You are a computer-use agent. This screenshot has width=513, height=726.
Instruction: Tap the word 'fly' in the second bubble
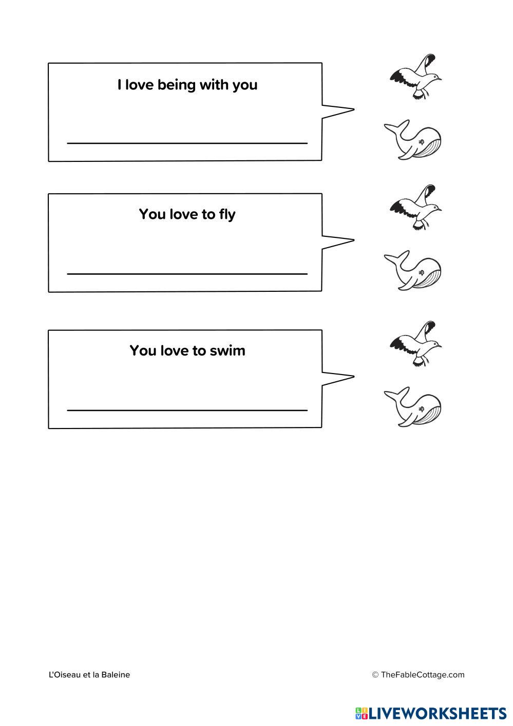226,214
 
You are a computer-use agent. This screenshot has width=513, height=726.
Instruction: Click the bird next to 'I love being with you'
416,77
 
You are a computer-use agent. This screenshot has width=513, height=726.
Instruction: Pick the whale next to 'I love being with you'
414,140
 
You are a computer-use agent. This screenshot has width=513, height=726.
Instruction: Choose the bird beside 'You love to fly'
416,208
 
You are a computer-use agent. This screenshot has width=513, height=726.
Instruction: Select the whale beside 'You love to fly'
414,271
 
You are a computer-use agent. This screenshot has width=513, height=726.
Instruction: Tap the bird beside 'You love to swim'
416,344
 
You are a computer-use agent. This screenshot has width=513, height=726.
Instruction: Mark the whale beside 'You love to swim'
414,406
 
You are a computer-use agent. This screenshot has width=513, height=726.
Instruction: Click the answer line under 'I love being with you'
187,143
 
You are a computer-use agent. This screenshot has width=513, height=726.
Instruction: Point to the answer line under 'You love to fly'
187,274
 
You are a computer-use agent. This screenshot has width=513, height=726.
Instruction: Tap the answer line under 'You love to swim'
187,410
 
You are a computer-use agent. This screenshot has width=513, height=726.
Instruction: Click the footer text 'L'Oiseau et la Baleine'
89,675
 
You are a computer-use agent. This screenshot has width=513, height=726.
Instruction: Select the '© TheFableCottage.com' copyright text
418,675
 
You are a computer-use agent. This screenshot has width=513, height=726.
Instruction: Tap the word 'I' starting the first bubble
119,85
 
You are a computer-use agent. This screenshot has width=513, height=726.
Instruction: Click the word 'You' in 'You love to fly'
151,214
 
